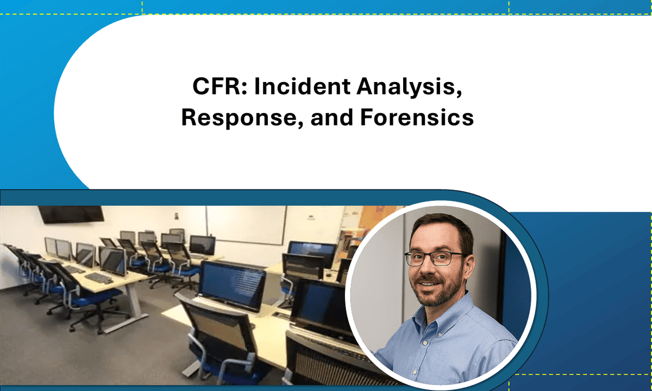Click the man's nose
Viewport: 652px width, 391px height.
tap(430, 269)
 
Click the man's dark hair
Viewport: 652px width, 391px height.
tap(435, 231)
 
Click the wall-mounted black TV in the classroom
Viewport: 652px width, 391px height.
tap(71, 213)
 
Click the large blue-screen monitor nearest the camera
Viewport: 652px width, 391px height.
tap(233, 285)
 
